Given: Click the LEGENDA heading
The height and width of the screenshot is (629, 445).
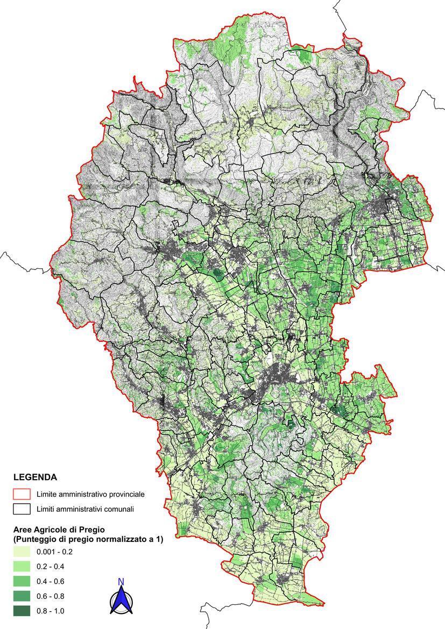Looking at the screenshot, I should [35, 477].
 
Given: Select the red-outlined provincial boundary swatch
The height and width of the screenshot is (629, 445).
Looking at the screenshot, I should [22, 494].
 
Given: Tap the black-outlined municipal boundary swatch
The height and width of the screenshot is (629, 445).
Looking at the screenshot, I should [22, 509].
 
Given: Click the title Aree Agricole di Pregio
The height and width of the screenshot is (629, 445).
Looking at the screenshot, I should [59, 530].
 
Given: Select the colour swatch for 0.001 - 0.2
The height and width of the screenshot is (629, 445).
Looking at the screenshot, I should [22, 552].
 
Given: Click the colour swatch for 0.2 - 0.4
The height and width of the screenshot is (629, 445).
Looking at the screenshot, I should [22, 566].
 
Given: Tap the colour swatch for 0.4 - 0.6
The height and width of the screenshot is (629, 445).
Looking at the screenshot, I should [22, 581].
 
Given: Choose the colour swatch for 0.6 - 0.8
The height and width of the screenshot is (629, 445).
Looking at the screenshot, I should [22, 596].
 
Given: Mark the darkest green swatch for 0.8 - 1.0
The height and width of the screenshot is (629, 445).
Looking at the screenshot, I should [22, 611].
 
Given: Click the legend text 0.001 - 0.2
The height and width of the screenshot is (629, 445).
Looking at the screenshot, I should [54, 552].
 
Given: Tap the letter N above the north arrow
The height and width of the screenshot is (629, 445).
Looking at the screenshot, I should [121, 582].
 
